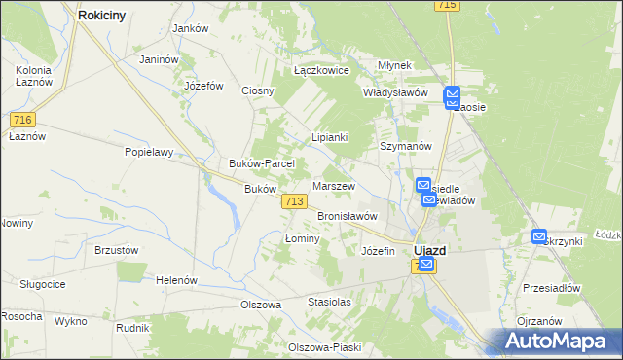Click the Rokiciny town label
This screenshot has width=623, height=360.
pos(109,15)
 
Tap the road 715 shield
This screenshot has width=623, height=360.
pos(448,5)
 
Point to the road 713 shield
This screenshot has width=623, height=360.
pos(295,200)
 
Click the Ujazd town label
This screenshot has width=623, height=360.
pos(430,249)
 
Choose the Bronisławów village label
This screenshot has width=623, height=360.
pos(347,216)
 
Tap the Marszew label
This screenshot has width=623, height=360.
pos(334,186)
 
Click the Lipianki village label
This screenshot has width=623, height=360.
pos(329,138)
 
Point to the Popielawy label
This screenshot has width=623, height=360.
pos(148,152)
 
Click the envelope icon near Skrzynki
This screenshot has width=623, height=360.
pos(540,235)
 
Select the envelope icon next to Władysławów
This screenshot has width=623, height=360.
pos(453,95)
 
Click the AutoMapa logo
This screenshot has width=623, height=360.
pos(556,341)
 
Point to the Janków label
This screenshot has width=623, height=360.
pos(191,28)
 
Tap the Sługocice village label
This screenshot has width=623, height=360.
pos(42,283)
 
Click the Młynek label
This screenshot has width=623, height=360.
pos(395,65)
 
